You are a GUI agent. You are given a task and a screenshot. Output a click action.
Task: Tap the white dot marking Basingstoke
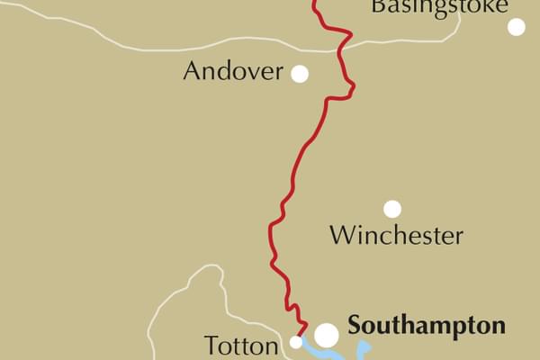(x=516, y=27)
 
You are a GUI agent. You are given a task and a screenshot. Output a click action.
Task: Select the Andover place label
(x=233, y=72)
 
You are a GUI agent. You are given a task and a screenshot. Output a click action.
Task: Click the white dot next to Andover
(x=300, y=74)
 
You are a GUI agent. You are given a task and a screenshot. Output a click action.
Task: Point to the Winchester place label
(x=396, y=237)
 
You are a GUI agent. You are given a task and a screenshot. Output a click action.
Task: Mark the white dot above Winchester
(x=392, y=209)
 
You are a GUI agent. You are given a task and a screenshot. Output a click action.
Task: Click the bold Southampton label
(x=426, y=326)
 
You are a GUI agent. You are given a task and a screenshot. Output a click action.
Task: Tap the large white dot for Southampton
(x=326, y=335)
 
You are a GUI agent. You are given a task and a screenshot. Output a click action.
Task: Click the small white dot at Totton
(x=295, y=342)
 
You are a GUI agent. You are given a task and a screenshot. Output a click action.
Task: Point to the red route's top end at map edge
(x=314, y=3)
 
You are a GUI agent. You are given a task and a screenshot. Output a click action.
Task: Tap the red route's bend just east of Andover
(x=352, y=87)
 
